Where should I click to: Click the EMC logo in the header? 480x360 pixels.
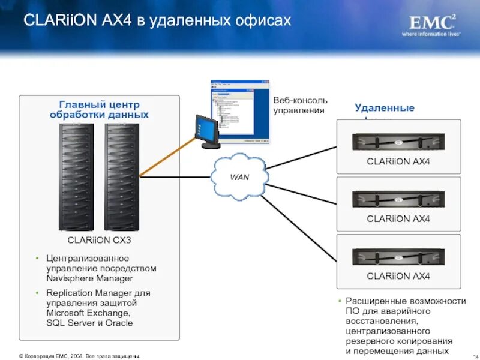coord(431,24)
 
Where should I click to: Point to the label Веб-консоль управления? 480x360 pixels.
coord(300,106)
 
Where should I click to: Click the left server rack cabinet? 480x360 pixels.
coord(76,177)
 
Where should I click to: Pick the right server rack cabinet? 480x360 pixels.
coord(122,177)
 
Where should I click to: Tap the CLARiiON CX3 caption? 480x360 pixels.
coord(99,240)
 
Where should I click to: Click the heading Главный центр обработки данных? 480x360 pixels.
coord(99,109)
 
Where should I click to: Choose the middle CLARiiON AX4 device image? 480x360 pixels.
coord(398,200)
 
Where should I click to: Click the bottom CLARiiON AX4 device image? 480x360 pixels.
coord(398,257)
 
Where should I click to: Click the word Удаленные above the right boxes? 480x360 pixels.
coord(384,108)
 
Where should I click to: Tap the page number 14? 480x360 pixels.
coord(468,356)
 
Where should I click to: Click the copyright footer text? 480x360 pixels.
coord(80,356)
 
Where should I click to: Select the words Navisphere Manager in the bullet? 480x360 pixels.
coord(89,278)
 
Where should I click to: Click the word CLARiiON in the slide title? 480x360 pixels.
coord(56,20)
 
